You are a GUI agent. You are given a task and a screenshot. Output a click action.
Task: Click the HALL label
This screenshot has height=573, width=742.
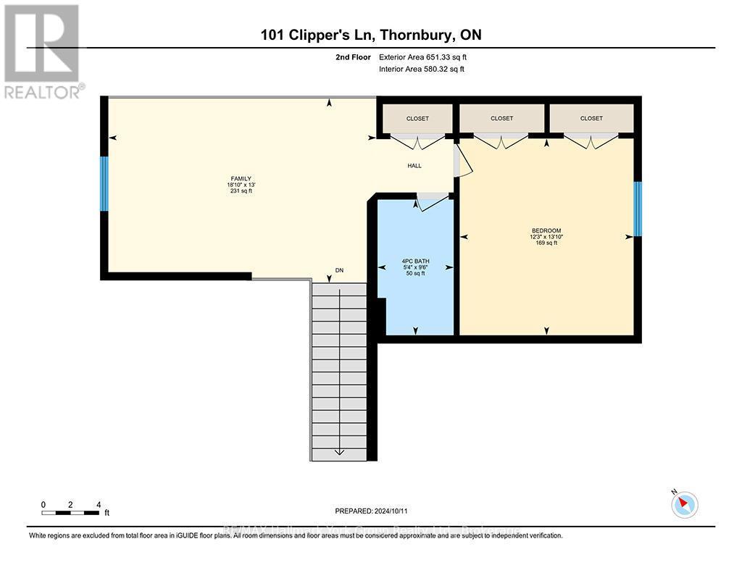414,166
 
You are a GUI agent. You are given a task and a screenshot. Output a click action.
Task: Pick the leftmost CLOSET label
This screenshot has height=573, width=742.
417,118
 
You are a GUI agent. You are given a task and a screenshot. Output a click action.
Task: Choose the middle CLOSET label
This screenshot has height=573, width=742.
501,118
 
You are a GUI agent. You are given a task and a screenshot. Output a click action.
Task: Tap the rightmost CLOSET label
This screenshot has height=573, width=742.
591,118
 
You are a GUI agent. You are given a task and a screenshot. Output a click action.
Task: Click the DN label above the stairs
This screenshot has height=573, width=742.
338,270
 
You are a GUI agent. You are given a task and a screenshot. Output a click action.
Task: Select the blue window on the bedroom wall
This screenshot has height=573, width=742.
638,209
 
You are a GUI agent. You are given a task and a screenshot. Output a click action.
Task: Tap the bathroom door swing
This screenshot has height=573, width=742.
433,203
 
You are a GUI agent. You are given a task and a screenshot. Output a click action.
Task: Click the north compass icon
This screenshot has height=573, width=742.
684,503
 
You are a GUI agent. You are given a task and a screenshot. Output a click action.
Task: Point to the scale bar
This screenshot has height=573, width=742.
70,512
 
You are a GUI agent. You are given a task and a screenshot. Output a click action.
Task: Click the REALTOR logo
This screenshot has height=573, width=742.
42,51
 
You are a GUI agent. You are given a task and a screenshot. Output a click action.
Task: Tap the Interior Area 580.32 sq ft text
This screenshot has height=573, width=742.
422,70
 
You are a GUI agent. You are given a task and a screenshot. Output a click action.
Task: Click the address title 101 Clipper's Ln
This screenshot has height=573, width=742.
371,35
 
